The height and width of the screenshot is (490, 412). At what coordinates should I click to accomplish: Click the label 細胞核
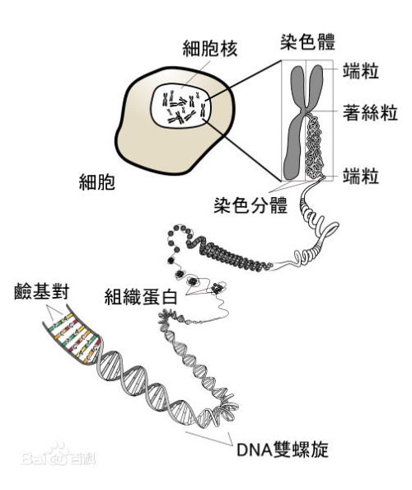pos(210,49)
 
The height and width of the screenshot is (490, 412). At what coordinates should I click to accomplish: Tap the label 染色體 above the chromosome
pos(307,42)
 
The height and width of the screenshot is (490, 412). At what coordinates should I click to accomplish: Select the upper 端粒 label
pos(361,71)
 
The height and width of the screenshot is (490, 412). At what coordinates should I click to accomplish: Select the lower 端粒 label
pos(361,176)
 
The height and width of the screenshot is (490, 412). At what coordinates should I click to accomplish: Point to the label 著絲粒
pos(370,112)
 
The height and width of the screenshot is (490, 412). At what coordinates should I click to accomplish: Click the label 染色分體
pos(250,205)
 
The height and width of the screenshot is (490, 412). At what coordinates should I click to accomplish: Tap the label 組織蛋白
pos(141,297)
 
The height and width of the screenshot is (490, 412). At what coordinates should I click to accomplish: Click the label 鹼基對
pos(41,291)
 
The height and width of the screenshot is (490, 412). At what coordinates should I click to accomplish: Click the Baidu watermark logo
pos(59,455)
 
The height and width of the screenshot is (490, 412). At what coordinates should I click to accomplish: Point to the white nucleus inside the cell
pos(180,106)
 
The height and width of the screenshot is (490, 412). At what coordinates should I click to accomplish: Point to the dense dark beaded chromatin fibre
pos(228,254)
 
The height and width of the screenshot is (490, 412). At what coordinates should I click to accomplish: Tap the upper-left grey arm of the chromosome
pos(297,86)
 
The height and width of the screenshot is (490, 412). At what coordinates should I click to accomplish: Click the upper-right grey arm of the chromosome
pos(316,86)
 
